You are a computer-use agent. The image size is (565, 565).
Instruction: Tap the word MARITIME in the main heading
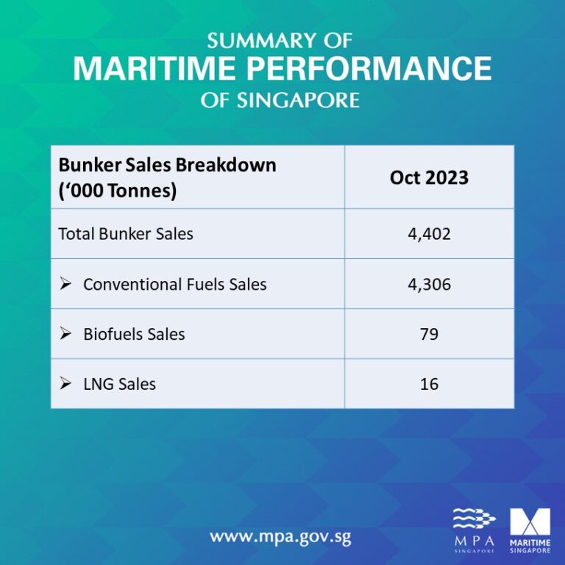click(153, 69)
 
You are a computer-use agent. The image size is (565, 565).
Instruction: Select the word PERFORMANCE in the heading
click(367, 69)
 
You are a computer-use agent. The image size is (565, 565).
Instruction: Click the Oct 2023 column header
click(429, 178)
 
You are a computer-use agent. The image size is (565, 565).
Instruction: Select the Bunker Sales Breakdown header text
click(167, 165)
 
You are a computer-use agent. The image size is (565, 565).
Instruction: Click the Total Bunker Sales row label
click(126, 234)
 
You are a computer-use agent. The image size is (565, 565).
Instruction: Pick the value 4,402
click(429, 234)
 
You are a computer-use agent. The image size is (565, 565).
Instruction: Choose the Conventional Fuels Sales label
click(174, 284)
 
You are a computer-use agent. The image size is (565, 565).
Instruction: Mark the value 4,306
click(429, 284)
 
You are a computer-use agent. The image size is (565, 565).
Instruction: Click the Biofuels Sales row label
click(134, 334)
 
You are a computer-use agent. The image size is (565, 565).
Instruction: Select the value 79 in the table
click(429, 334)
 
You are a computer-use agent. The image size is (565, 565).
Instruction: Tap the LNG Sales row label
click(119, 383)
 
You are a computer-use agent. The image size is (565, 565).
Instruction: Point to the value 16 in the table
click(429, 383)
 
